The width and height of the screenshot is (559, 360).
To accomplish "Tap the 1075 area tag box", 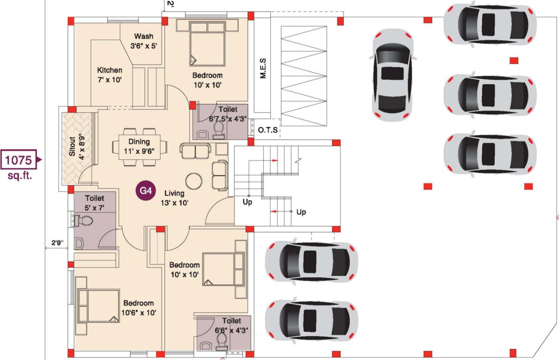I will click(x=19, y=160).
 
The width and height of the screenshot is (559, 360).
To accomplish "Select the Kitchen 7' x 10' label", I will click(x=110, y=75).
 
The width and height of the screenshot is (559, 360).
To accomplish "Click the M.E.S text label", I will click(x=263, y=68).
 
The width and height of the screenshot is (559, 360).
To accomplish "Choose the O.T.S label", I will click(x=268, y=130).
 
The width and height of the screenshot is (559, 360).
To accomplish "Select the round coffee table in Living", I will click(x=194, y=180).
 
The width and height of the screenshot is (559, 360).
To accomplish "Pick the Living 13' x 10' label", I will click(x=174, y=197).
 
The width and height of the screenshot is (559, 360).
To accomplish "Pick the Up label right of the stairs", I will click(x=301, y=212).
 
